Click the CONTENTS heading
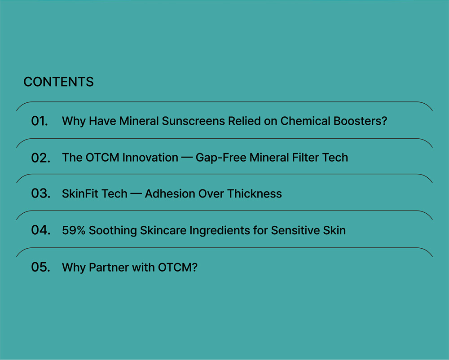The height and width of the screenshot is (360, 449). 58,82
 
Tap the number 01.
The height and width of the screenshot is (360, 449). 40,121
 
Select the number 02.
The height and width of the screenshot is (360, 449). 41,158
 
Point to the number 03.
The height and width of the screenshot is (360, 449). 41,193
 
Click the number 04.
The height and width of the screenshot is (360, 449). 41,230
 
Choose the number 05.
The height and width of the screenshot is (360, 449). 41,267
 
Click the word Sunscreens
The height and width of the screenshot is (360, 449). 193,121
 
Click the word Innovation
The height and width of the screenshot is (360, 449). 150,158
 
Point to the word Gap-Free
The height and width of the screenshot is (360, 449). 221,158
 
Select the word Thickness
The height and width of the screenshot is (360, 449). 255,194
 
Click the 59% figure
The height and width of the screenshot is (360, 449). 74,230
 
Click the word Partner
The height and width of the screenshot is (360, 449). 109,267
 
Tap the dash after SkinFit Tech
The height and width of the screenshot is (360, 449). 136,194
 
